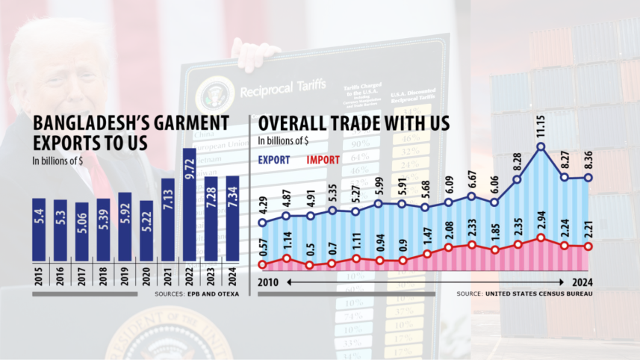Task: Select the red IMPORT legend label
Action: (x=323, y=159)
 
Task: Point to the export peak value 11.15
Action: (x=541, y=128)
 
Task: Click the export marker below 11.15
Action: (x=541, y=147)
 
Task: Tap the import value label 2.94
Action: (x=541, y=219)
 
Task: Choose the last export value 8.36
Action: (x=588, y=158)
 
